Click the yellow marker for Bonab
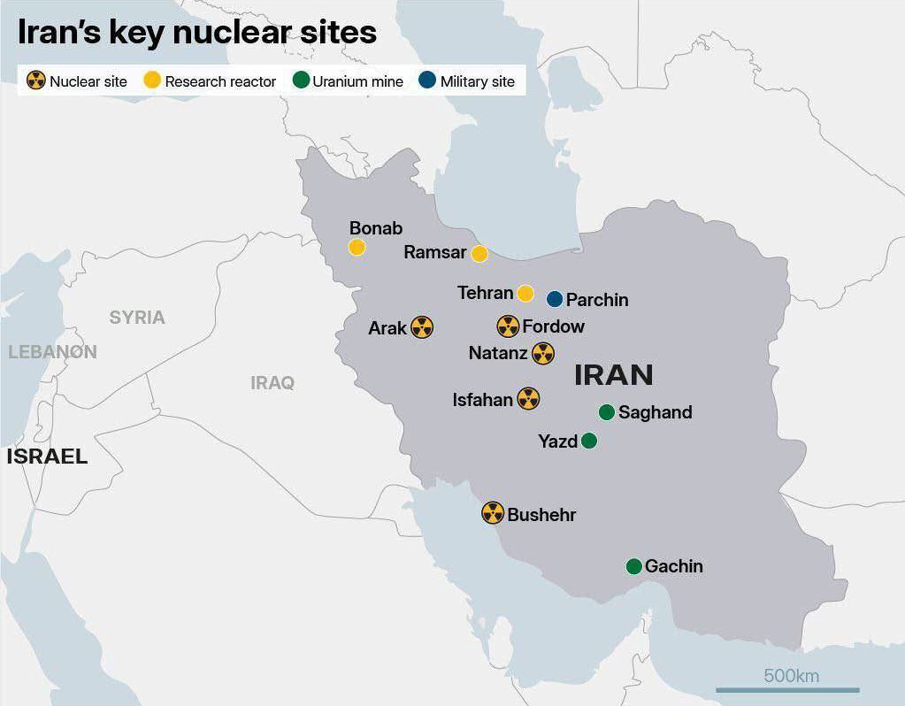357,247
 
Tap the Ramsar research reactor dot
479,254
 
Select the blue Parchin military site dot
555,299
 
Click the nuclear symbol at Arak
422,327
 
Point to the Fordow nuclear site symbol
508,326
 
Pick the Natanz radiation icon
543,354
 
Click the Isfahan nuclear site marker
528,399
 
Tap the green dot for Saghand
606,412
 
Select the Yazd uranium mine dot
589,441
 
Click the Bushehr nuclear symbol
493,513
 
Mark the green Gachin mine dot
633,566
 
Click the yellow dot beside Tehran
525,293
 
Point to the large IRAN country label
614,375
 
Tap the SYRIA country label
137,318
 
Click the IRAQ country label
272,383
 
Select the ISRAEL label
47,457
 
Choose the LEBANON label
52,351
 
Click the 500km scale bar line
787,690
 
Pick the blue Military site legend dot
427,81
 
